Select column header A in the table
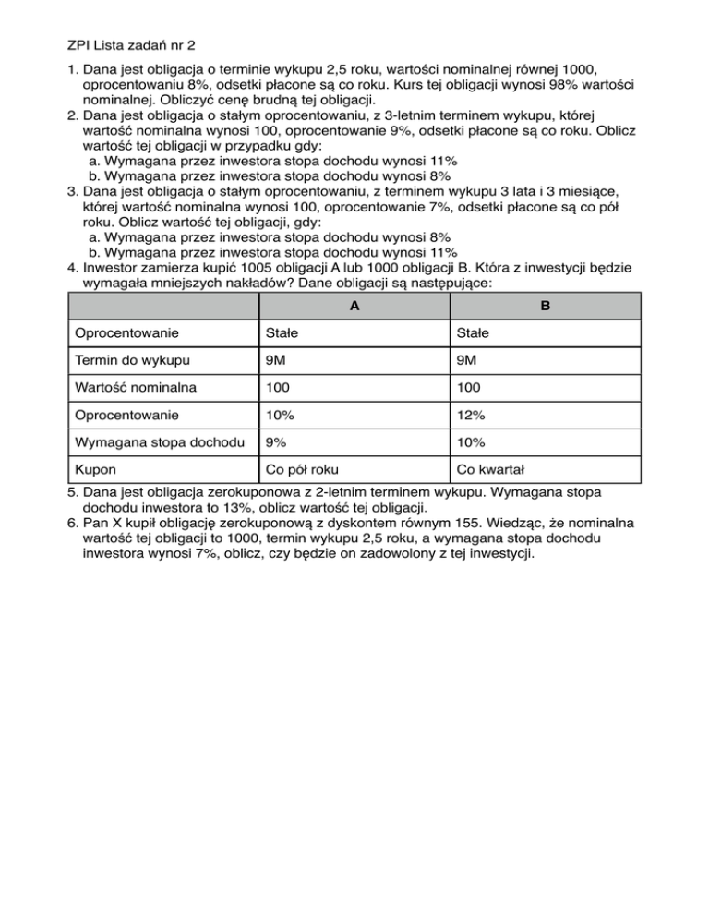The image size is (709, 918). coord(354,306)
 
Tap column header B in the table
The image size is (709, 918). coord(545,306)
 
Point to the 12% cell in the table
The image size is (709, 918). coord(471,402)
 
